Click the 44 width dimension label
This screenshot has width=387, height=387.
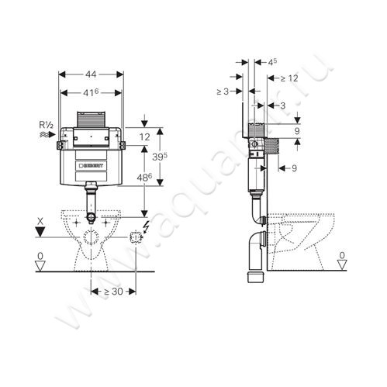[91, 74]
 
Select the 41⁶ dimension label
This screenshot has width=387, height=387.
[90, 92]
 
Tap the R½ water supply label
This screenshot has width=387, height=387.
[46, 126]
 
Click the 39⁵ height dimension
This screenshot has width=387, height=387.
[160, 156]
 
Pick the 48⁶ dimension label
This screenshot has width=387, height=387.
[144, 178]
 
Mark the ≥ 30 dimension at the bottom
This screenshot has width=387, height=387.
[113, 292]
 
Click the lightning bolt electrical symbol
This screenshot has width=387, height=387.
[147, 227]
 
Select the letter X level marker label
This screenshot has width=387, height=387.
[40, 221]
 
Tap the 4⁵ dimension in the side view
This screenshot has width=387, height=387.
[272, 62]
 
